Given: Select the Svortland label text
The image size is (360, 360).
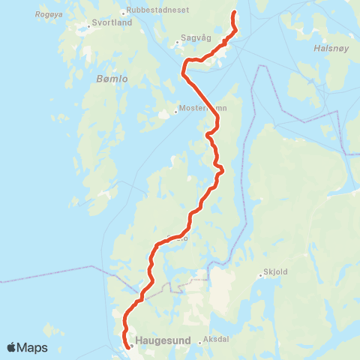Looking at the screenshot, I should [x=112, y=22].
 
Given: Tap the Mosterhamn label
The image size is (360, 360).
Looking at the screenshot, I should [x=202, y=108].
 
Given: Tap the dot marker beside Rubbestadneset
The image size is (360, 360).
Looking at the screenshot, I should [x=123, y=13].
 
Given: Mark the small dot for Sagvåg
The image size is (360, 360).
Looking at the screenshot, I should [x=177, y=43].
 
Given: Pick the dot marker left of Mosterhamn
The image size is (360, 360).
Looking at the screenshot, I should [x=175, y=112].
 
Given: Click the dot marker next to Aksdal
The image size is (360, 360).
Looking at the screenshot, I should [x=200, y=343].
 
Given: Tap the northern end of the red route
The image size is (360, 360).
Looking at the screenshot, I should [x=234, y=13].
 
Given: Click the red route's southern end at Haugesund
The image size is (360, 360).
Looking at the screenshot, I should [x=130, y=346].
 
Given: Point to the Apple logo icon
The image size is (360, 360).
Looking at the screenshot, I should [x=12, y=347].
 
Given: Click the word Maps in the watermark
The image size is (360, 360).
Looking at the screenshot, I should [x=33, y=347].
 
